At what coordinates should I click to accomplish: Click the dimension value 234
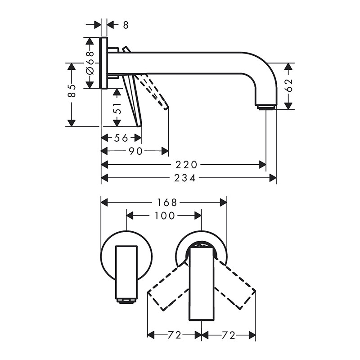click(x=185, y=178)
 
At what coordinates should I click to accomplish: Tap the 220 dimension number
click(x=186, y=165)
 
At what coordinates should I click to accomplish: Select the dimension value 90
click(x=135, y=151)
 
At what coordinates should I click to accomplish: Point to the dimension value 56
click(x=121, y=138)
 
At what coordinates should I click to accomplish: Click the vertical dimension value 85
click(x=72, y=91)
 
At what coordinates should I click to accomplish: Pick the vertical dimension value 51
click(x=117, y=108)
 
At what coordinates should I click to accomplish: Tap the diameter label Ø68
click(x=90, y=63)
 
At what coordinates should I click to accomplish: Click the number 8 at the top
click(x=126, y=25)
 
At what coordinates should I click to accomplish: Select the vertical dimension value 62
click(x=289, y=85)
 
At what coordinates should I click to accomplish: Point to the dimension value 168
click(x=167, y=202)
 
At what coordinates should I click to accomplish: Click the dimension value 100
click(x=165, y=216)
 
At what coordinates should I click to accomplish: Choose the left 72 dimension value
click(x=175, y=335)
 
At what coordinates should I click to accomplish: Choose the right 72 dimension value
click(x=229, y=335)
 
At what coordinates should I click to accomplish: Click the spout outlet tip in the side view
click(x=266, y=108)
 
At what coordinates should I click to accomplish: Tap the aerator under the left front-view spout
click(x=127, y=301)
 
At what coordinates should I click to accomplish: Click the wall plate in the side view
click(x=104, y=63)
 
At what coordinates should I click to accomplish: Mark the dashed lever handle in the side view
click(x=153, y=91)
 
